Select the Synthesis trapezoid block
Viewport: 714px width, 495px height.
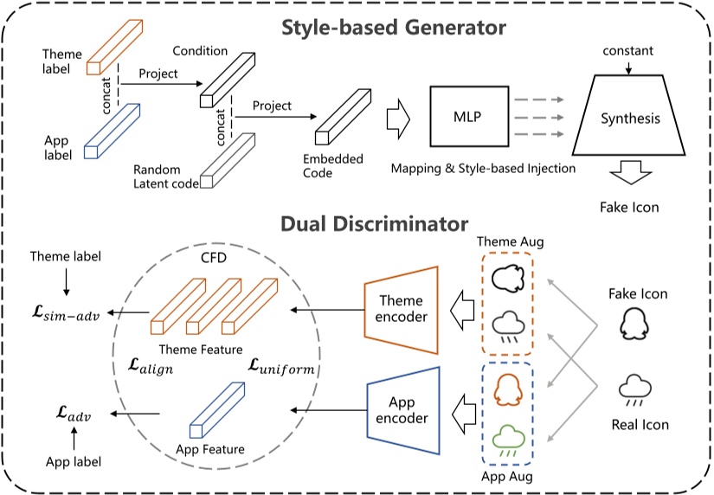pos(630,118)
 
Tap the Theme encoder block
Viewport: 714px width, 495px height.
pos(402,309)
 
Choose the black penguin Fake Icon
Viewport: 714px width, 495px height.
pos(634,327)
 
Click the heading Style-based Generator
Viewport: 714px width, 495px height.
pos(393,27)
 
